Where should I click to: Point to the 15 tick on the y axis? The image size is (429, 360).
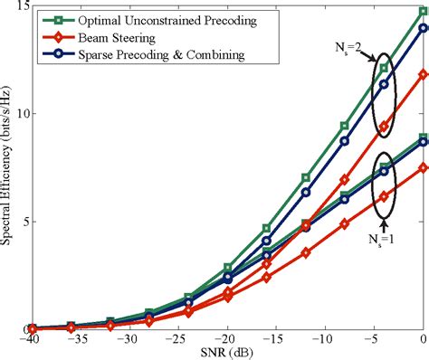22,7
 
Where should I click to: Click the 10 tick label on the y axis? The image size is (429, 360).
22,114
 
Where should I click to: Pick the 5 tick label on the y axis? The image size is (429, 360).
25,222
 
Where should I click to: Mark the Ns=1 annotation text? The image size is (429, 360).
385,239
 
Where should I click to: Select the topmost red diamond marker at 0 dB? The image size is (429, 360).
423,75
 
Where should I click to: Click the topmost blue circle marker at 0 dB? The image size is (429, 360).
423,28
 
